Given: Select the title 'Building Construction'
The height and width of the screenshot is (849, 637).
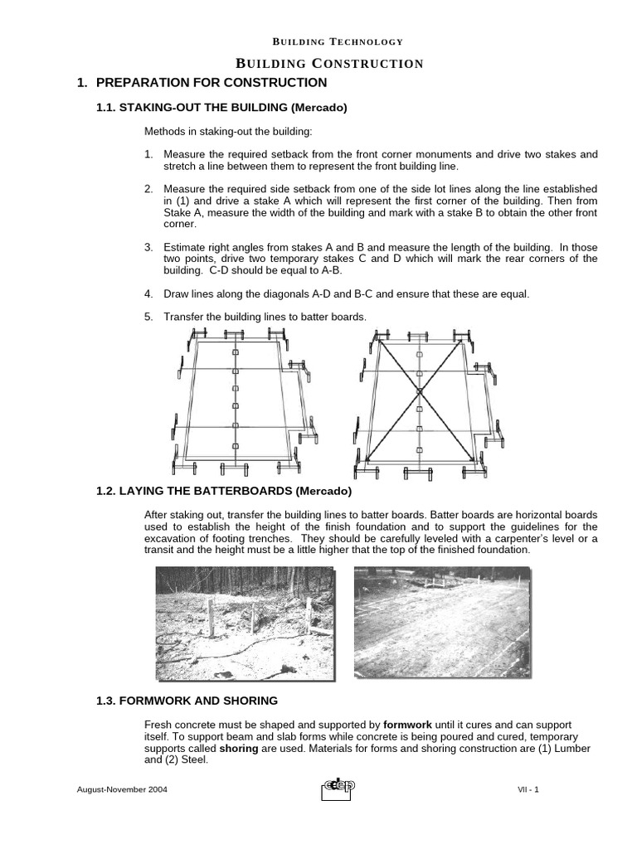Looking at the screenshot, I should click(330, 64).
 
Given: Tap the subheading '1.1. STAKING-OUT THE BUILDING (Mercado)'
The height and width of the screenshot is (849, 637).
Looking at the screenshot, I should click(221, 108).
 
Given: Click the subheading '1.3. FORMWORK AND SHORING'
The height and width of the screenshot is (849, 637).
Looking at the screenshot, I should click(187, 701).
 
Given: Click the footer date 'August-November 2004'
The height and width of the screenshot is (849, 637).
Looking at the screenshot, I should click(122, 790).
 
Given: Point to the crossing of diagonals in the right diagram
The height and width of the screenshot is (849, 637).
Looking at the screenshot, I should click(421, 391).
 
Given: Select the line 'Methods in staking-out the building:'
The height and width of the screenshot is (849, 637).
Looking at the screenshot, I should click(228, 133).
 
